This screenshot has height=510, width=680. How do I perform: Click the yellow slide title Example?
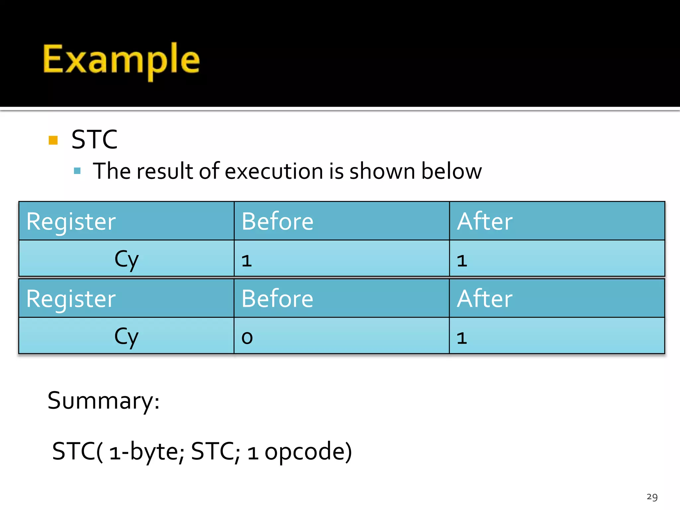[121, 60]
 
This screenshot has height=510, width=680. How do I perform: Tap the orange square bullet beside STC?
[53, 140]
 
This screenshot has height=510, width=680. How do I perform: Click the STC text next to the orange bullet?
[95, 139]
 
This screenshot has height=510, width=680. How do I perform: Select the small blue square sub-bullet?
[77, 171]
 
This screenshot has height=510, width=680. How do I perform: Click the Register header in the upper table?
[71, 221]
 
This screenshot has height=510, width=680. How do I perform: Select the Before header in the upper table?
[278, 221]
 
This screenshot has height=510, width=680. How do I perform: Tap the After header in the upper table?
[485, 221]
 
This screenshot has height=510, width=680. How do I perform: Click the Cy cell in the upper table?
[127, 259]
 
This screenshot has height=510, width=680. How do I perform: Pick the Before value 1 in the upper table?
[247, 261]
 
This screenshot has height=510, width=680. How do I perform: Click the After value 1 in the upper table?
[462, 261]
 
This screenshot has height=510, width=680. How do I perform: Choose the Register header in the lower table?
[71, 299]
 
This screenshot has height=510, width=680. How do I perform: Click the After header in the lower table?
[485, 299]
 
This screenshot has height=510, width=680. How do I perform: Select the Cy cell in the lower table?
[127, 337]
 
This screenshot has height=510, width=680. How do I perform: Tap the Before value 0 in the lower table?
[247, 338]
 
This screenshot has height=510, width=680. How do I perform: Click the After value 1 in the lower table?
[462, 338]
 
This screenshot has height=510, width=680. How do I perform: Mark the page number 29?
[652, 497]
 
